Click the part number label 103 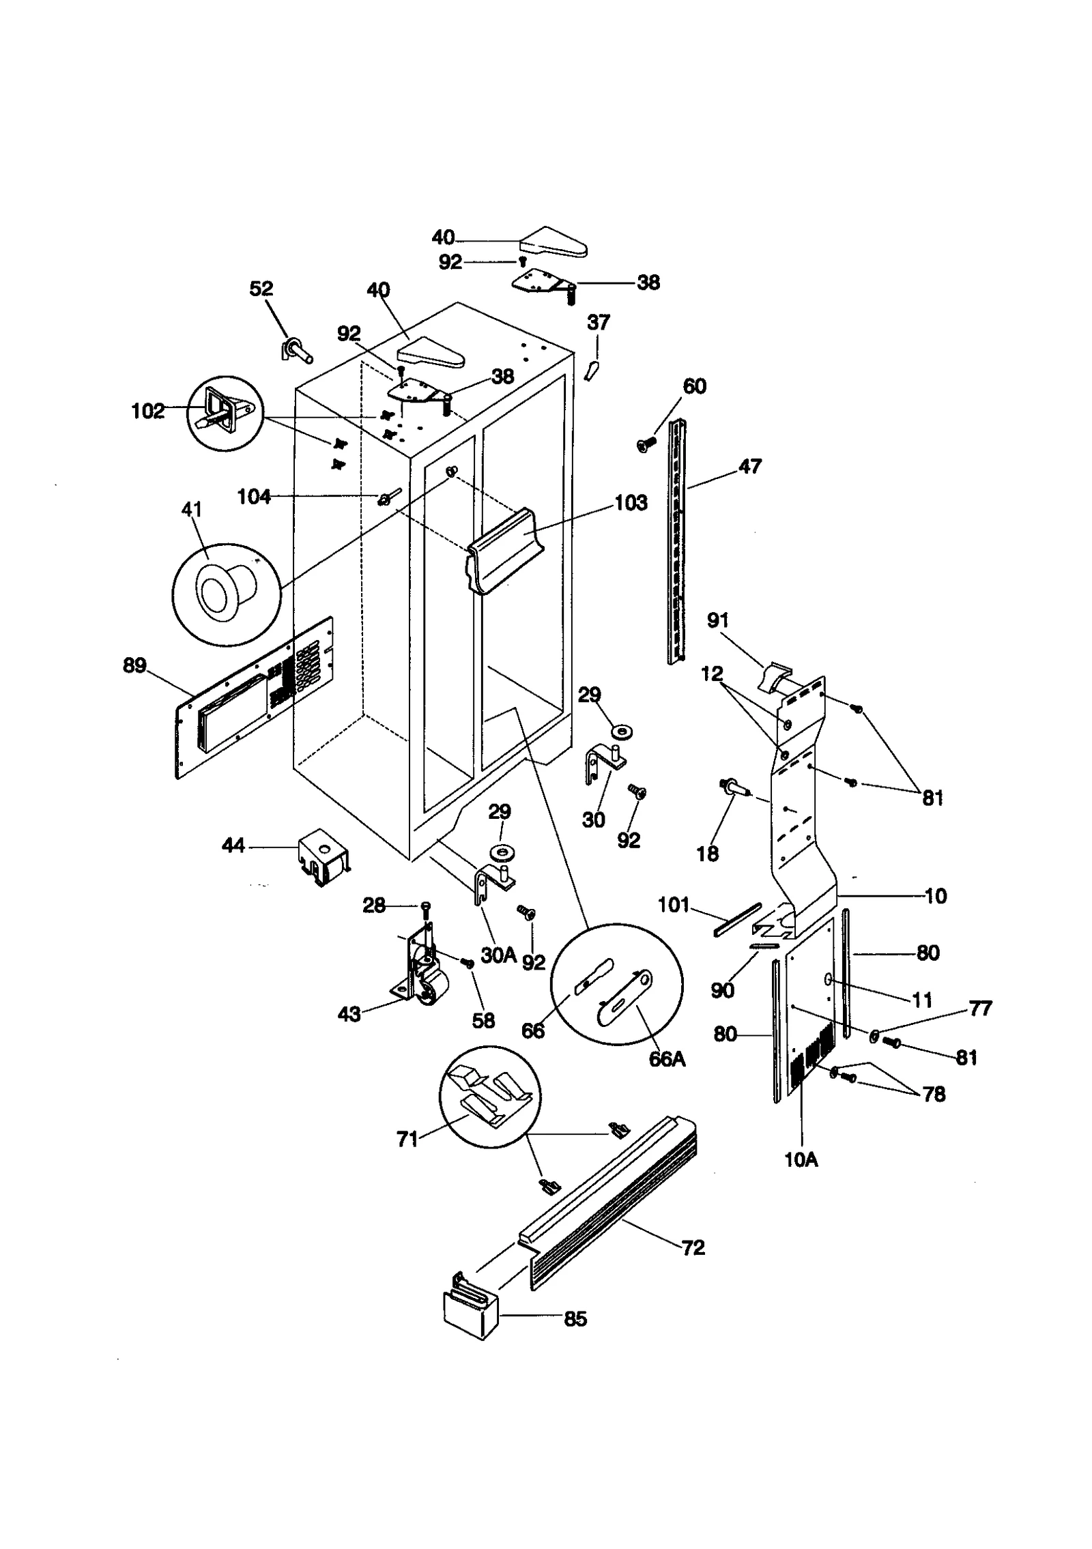630,503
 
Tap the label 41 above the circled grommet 192,510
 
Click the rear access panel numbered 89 253,699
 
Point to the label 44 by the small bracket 233,846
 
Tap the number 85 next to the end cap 575,1319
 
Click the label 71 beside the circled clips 407,1140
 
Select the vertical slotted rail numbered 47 676,542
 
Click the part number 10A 801,1159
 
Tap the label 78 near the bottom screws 933,1094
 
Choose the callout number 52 261,289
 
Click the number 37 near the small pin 598,322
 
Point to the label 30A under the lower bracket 498,955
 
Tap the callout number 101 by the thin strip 674,905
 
